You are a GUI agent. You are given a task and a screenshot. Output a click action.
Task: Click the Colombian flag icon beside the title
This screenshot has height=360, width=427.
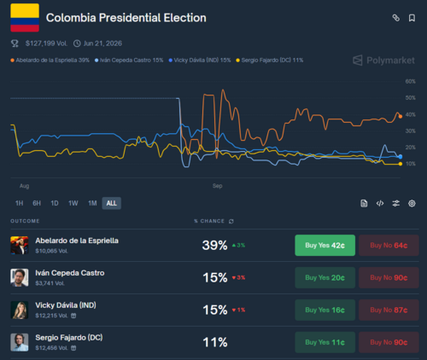tap(24, 17)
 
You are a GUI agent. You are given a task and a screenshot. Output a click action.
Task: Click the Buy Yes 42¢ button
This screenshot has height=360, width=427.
tap(325, 246)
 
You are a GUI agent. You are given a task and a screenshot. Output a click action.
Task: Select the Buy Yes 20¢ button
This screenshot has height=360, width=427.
tap(325, 278)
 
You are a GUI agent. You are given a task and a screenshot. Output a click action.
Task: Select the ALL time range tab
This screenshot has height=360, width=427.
tap(112, 203)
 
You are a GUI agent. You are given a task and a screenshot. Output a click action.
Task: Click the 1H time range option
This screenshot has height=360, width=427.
tap(19, 203)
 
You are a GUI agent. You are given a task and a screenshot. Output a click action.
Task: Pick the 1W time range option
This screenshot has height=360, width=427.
tap(73, 203)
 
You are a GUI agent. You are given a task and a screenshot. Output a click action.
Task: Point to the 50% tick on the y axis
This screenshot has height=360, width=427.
tap(410, 98)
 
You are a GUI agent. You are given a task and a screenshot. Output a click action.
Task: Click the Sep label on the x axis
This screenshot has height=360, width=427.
tap(218, 185)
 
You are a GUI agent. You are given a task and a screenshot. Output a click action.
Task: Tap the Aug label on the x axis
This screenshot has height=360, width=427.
tap(24, 185)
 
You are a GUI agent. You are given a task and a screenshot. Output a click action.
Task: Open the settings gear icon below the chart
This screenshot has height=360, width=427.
tap(412, 203)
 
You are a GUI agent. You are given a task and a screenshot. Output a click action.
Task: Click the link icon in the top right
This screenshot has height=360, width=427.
tap(395, 17)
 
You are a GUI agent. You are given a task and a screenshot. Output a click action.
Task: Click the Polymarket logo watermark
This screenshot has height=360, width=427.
tap(384, 61)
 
